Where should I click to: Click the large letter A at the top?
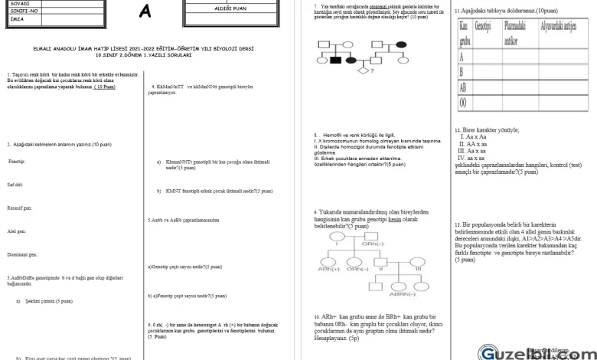(145, 12)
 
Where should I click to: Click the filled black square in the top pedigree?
(335, 59)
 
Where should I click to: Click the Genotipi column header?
(482, 27)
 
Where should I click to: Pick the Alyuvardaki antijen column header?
(559, 27)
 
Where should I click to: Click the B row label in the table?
(462, 71)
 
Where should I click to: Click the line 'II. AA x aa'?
(472, 144)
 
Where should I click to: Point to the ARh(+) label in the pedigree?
(329, 270)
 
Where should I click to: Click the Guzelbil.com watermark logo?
(528, 352)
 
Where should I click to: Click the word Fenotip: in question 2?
(17, 162)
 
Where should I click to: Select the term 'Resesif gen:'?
(19, 208)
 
